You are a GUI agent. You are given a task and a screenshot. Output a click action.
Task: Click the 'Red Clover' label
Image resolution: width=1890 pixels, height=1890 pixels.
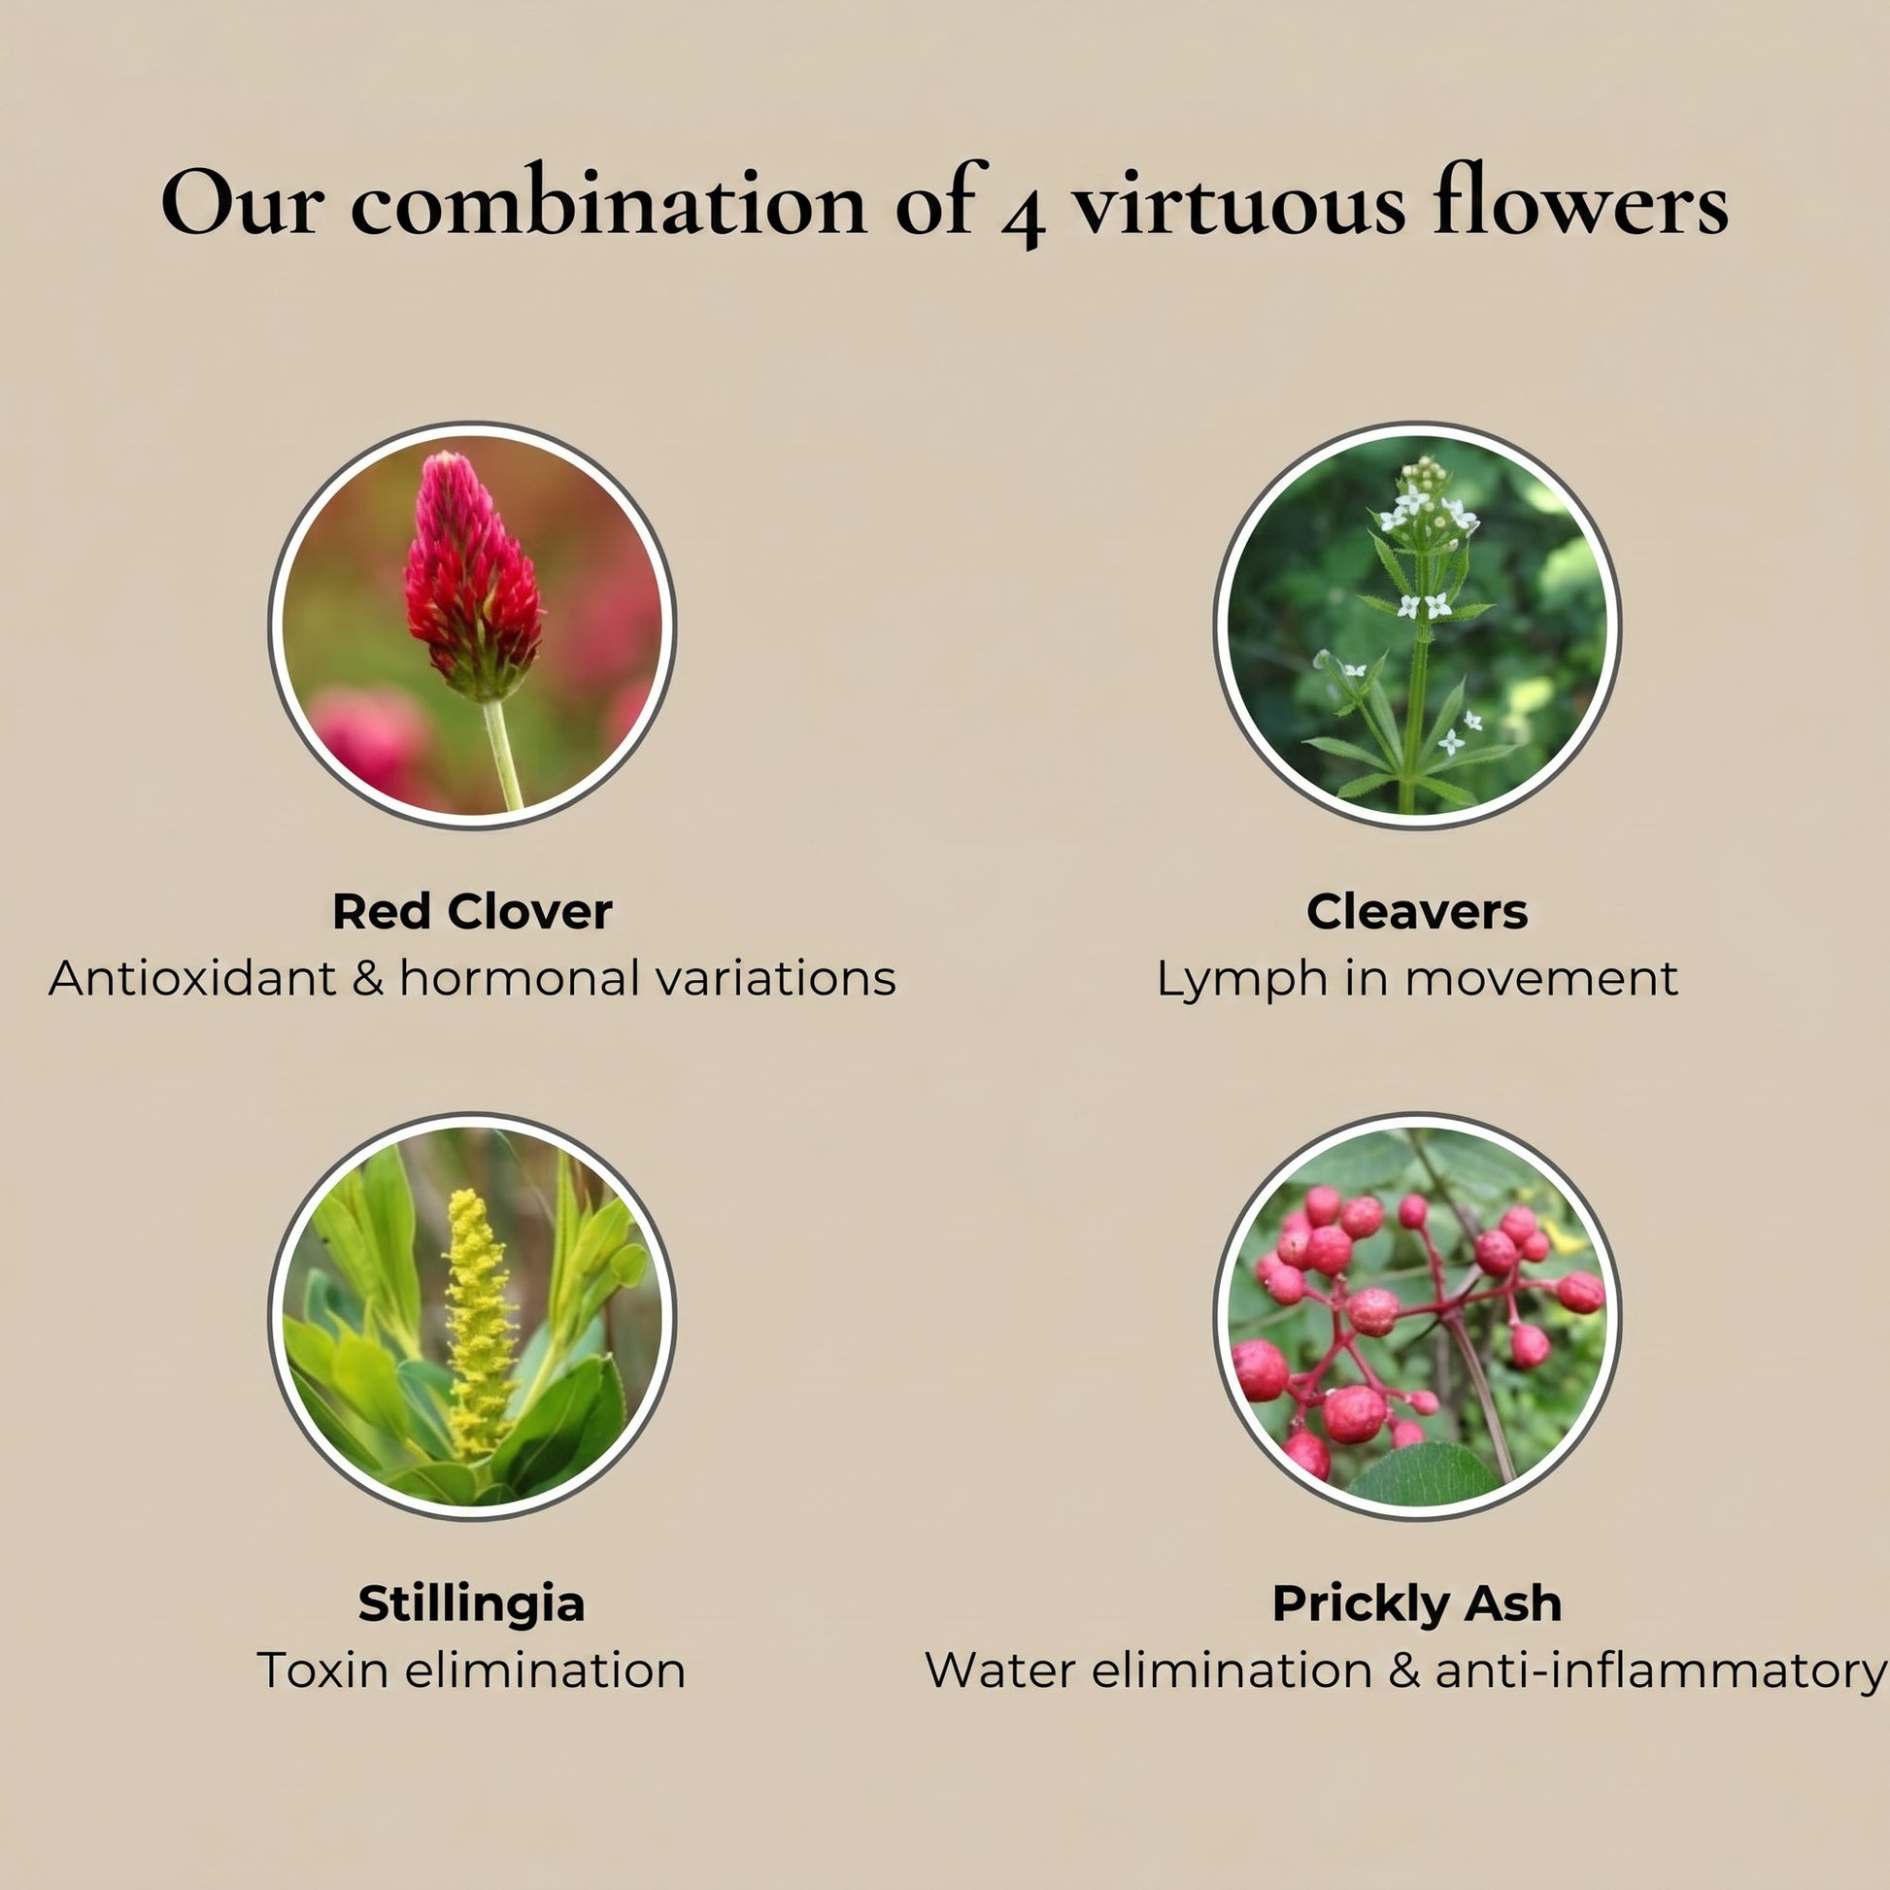click(472, 912)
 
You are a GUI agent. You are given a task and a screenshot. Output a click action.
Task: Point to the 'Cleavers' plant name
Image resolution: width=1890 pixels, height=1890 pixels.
click(1416, 912)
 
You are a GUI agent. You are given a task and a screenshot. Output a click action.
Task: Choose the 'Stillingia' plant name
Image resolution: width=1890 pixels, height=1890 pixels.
click(471, 1604)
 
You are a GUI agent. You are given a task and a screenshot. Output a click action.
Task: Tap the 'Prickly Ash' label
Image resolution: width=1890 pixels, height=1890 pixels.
click(1416, 1604)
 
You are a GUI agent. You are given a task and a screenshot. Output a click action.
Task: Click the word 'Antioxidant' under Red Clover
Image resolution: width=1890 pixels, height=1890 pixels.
click(191, 978)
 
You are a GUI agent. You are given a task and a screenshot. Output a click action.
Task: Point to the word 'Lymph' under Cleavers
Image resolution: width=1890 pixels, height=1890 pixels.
click(1241, 981)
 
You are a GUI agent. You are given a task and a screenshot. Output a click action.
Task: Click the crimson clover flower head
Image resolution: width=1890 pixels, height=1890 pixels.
click(472, 577)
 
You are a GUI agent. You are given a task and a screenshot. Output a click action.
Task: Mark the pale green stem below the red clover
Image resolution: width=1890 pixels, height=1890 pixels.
click(504, 755)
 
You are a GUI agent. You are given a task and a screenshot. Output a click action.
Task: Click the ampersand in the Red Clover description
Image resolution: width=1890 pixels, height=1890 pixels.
click(368, 978)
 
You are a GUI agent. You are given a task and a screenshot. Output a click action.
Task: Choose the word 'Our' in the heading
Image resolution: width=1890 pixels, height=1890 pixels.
click(242, 205)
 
